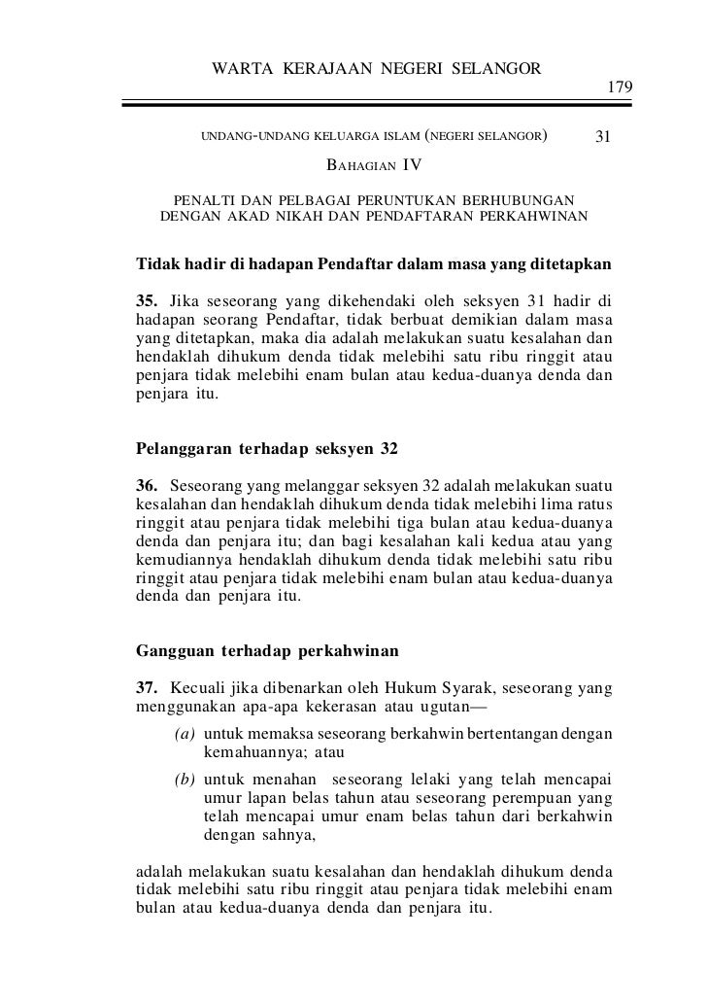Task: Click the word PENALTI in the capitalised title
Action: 202,199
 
